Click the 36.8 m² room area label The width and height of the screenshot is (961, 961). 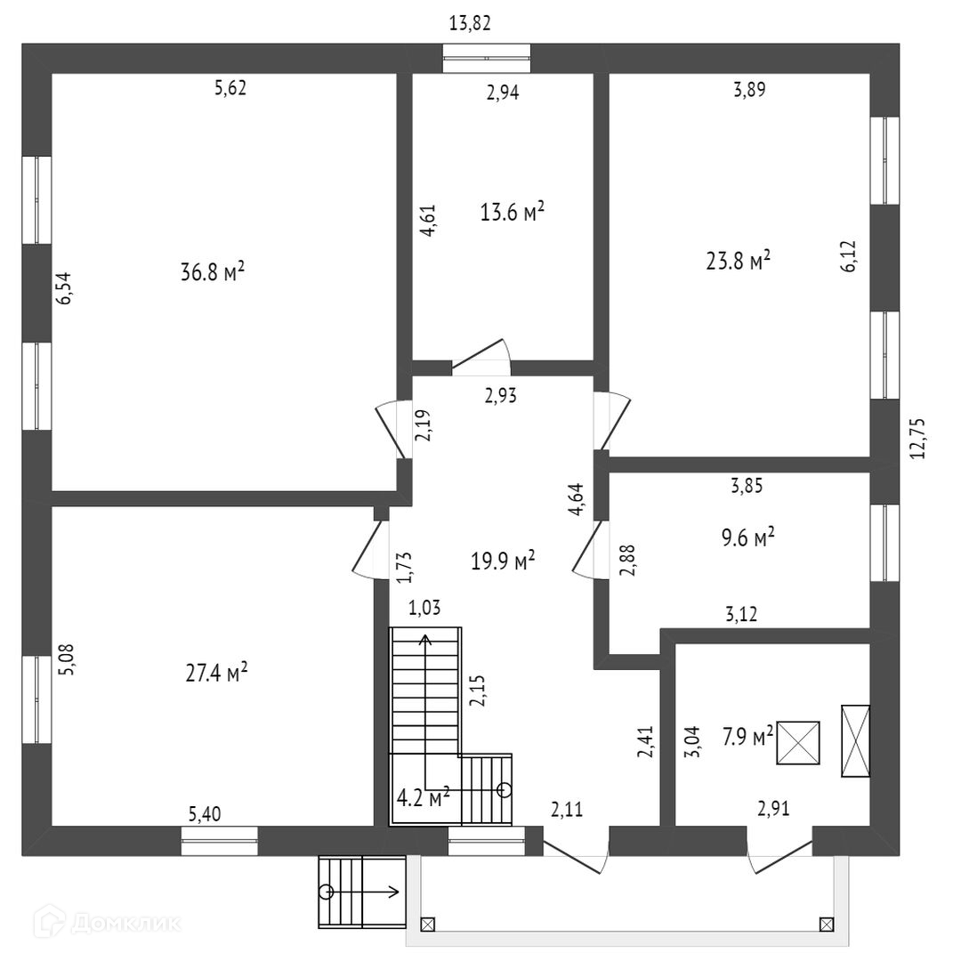point(213,272)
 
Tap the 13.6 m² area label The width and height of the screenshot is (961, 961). point(512,213)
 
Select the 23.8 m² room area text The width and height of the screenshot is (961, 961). point(737,261)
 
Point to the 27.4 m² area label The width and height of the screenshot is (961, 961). point(216,673)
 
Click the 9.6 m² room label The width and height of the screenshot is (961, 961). point(744,537)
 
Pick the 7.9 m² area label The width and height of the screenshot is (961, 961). point(747,736)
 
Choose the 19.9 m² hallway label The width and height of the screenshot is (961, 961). point(503,560)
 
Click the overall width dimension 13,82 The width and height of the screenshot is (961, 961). point(470,24)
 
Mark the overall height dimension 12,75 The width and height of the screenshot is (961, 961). point(918,438)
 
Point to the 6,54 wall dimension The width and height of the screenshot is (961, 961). point(64,289)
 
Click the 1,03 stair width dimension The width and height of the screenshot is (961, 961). point(425,608)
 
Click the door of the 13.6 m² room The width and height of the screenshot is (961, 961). point(481,356)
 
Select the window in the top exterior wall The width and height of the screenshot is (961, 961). point(488,58)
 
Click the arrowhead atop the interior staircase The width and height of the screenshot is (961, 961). point(426,637)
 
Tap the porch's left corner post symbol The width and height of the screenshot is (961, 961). point(427,925)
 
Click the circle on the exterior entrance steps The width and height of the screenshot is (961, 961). point(327,891)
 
